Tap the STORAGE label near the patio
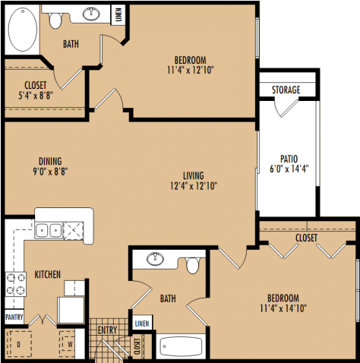pos(286,90)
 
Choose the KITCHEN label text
pos(47,273)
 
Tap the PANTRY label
pos(14,317)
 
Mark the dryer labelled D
pos(18,344)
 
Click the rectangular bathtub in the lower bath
pos(180,347)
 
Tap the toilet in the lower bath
pos(193,266)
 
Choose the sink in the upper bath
pos(93,13)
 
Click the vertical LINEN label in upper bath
pos(118,14)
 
